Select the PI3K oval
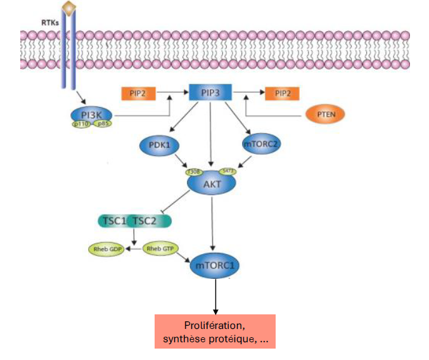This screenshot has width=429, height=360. (x=93, y=114)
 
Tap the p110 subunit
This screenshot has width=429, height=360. (x=81, y=125)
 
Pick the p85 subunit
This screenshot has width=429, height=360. (x=103, y=124)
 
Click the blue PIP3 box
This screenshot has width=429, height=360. (x=210, y=93)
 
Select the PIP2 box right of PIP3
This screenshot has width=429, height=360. (x=282, y=94)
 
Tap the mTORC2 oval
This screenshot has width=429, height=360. (x=261, y=145)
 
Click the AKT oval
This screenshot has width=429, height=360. (x=211, y=183)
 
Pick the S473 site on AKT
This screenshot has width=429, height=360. (x=227, y=171)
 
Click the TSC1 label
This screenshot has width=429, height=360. (x=113, y=221)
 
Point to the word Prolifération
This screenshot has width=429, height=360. (x=215, y=326)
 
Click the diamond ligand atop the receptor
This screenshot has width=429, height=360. (x=69, y=8)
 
